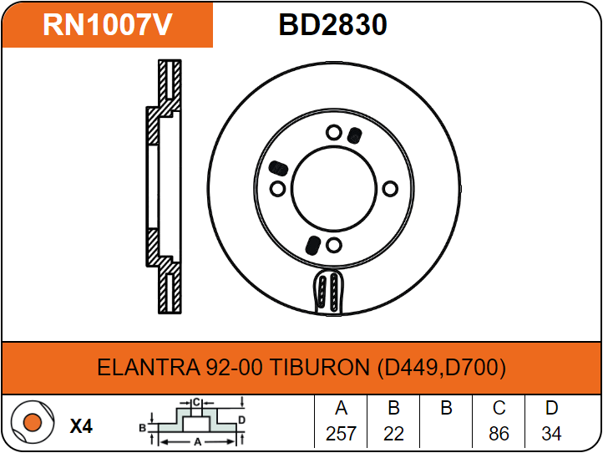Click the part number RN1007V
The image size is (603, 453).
coord(107,25)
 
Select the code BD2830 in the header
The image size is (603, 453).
coord(332,25)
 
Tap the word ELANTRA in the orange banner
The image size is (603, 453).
coord(147,368)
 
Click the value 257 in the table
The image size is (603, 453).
coord(341,434)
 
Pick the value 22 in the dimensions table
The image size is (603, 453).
coord(393,434)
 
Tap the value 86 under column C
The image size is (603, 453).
coord(499,434)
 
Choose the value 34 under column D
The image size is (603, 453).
coord(551,434)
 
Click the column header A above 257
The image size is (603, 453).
coord(341,409)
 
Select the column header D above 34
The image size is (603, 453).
coord(551,409)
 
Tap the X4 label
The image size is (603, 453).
coord(81,426)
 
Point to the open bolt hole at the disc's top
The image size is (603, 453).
coord(333,132)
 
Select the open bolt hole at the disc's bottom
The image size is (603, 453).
coord(334,245)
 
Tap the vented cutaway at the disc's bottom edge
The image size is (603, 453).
coord(327,292)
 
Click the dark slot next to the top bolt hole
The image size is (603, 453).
coord(354,135)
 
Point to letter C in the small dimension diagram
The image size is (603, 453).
coord(195,403)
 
